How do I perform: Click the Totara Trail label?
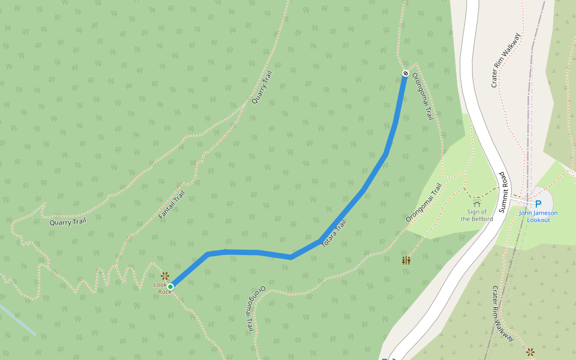334,234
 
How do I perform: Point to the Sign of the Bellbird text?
477,215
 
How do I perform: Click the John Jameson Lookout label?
538,217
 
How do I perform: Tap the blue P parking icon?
538,203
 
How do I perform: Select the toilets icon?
407,260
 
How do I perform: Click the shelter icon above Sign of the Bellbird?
477,204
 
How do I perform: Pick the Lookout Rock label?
164,289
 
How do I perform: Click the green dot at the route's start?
170,287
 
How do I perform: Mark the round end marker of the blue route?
406,73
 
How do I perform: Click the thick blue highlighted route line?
363,191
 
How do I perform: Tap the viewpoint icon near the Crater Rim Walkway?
530,352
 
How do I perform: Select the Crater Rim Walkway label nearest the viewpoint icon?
503,314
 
